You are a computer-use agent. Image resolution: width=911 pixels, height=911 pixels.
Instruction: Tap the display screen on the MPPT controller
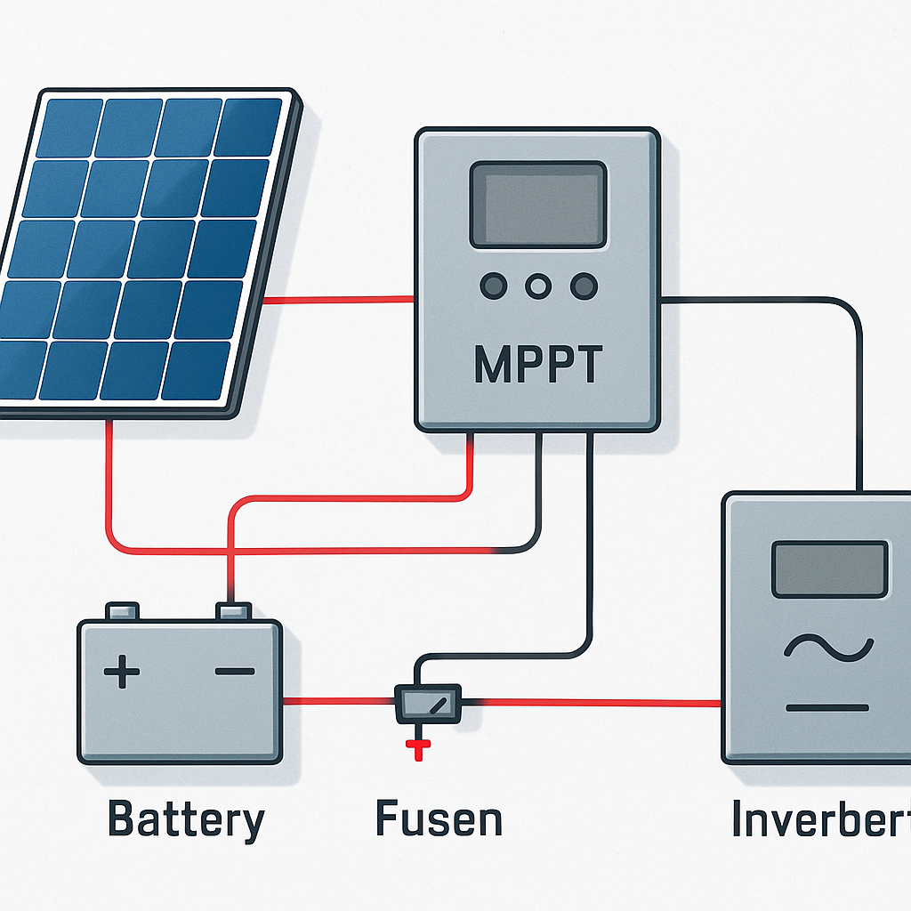pos(537,204)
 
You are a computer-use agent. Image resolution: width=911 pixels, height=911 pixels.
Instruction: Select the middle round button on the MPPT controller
pos(537,286)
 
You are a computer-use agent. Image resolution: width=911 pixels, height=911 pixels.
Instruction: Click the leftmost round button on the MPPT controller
pos(493,286)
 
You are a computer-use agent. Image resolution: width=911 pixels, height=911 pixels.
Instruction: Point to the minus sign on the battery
pos(235,672)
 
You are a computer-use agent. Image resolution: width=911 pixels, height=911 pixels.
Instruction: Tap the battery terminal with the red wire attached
pos(234,611)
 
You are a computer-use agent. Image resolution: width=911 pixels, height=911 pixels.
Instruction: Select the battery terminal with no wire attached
pos(123,611)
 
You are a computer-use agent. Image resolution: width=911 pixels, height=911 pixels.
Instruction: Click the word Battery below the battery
pos(186,818)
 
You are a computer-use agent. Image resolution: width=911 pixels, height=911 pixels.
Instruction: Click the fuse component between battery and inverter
pos(428,703)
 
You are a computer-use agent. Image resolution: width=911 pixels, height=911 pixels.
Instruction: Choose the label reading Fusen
pos(439,818)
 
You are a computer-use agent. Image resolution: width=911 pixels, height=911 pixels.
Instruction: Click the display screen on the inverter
pos(829,569)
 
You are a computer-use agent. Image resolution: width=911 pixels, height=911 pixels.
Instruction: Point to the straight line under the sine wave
pos(827,708)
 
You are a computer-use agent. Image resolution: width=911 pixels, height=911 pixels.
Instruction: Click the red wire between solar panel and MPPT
pos(338,300)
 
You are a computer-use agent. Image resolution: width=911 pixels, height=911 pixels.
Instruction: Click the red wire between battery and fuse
pos(338,702)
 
